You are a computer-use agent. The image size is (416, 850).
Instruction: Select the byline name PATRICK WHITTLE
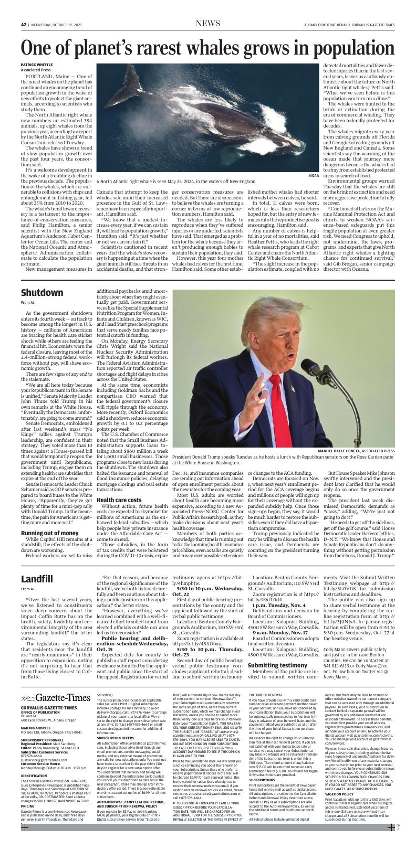click(x=37, y=65)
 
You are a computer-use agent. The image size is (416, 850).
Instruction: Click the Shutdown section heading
click(x=42, y=292)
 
